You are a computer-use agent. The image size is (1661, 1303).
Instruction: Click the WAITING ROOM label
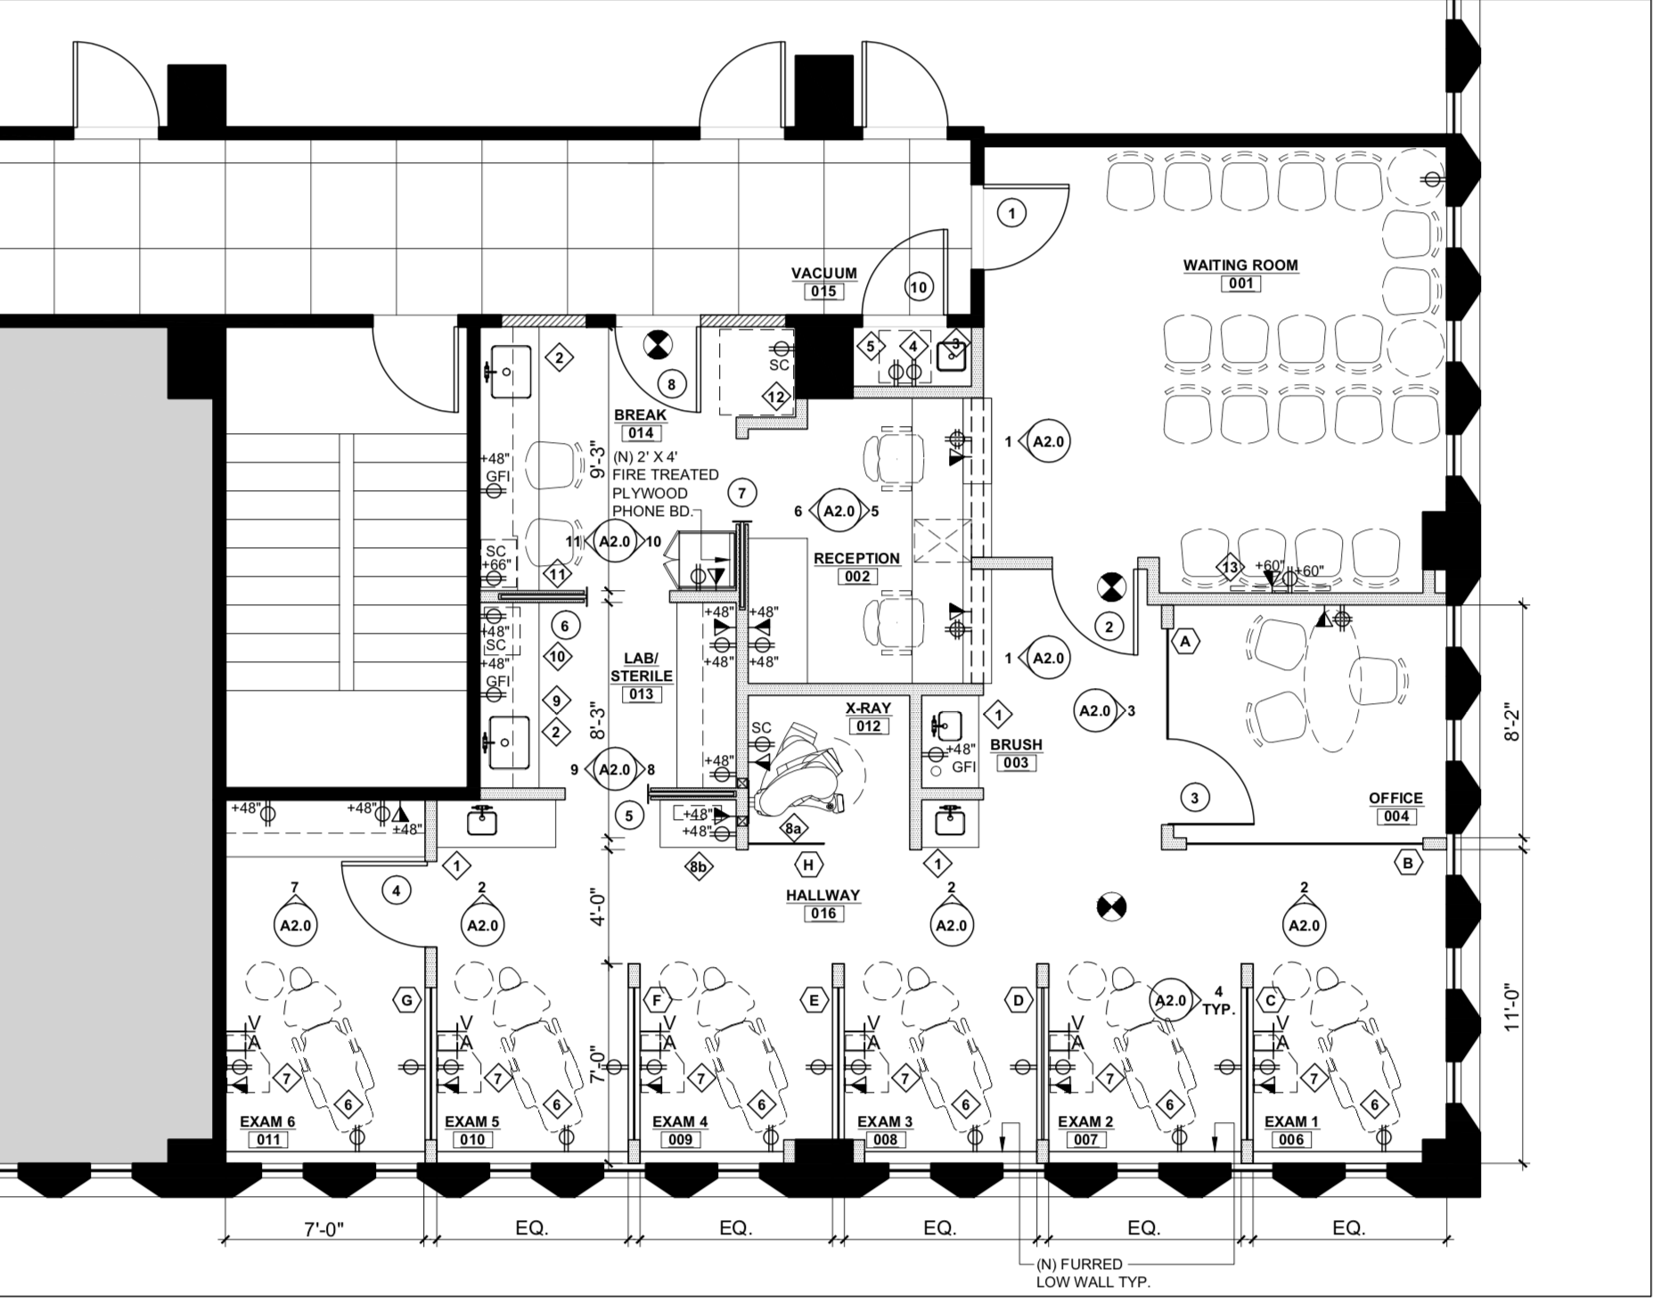coord(1240,265)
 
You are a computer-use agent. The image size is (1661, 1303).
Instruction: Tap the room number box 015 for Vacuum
coord(823,291)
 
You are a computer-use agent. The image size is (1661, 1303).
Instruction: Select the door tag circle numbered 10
coord(919,287)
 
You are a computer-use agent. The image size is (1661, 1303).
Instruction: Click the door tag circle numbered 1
coord(1011,213)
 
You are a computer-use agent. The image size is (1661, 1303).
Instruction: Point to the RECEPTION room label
coord(856,558)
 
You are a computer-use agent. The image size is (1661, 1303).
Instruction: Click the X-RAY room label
coord(868,708)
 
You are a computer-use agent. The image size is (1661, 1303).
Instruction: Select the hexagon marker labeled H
coord(808,865)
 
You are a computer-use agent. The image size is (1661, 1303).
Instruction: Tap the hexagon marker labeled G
coord(406,1000)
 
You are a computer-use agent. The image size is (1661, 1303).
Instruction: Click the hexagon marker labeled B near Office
coord(1408,863)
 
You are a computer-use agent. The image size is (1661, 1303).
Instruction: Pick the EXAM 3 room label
coord(885,1121)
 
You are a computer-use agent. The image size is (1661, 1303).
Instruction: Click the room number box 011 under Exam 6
coord(268,1140)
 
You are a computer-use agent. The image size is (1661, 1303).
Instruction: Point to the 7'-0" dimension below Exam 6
coord(323,1229)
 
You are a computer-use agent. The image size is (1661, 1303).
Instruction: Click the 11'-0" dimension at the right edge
coord(1510,1006)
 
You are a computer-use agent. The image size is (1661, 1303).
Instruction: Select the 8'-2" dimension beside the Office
coord(1510,725)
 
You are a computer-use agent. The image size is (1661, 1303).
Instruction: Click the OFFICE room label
coord(1395,798)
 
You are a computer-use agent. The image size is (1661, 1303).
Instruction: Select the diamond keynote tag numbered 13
coord(1231,568)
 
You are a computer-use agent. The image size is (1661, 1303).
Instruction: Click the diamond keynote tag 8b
coord(699,866)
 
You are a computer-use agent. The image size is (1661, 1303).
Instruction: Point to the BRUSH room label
coord(1016,744)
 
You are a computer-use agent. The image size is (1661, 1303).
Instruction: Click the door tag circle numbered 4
coord(397,889)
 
